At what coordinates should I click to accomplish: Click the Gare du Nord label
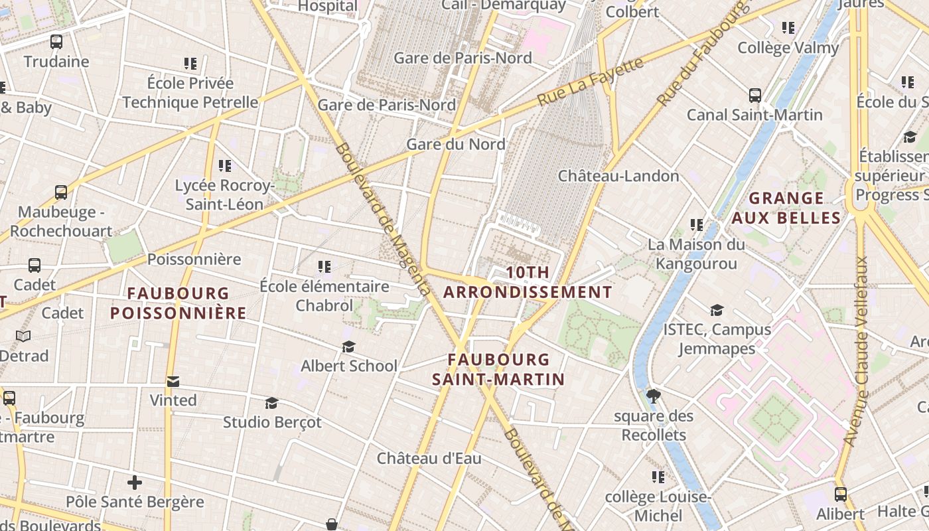pos(455,144)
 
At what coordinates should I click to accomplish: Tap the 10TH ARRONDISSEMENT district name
pos(528,282)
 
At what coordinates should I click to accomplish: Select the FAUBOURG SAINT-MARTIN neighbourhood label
pos(498,370)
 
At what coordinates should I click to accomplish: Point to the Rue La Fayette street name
pos(590,82)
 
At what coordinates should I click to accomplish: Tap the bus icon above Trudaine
pos(56,42)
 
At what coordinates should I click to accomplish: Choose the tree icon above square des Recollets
pos(653,396)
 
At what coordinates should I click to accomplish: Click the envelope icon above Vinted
pos(173,381)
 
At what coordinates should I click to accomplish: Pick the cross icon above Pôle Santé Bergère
pos(135,482)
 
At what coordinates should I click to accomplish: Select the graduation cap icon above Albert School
pos(349,346)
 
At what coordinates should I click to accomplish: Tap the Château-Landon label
pos(618,176)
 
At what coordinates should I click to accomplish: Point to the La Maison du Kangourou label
pos(696,254)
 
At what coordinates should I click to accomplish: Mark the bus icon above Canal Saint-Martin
pos(754,95)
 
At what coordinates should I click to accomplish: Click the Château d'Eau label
pos(429,458)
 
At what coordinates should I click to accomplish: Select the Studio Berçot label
pos(272,422)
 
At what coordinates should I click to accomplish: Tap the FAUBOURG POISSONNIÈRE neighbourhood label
pos(178,303)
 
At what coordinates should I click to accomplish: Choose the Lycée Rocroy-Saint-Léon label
pos(224,195)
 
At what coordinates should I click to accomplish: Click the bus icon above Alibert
pos(840,494)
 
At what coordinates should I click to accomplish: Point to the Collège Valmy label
pos(788,48)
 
